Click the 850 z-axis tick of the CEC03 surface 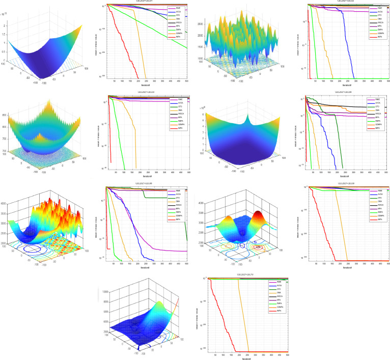tap(4, 116)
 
